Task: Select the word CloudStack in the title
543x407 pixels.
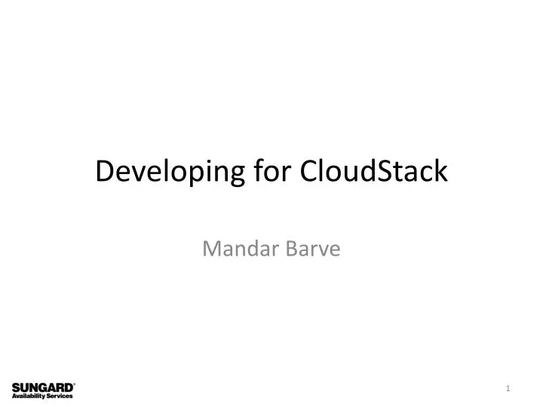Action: coord(374,172)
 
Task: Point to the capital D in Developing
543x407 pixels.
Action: coord(104,172)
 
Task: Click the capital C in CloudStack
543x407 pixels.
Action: coord(309,172)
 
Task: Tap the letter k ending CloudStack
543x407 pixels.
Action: coord(440,172)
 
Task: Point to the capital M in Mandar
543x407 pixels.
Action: coord(211,246)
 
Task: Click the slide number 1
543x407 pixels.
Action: coord(508,388)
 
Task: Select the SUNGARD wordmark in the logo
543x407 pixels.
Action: coord(41,387)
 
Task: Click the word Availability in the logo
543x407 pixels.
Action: coord(29,396)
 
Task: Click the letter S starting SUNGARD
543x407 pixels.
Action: coord(16,387)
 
